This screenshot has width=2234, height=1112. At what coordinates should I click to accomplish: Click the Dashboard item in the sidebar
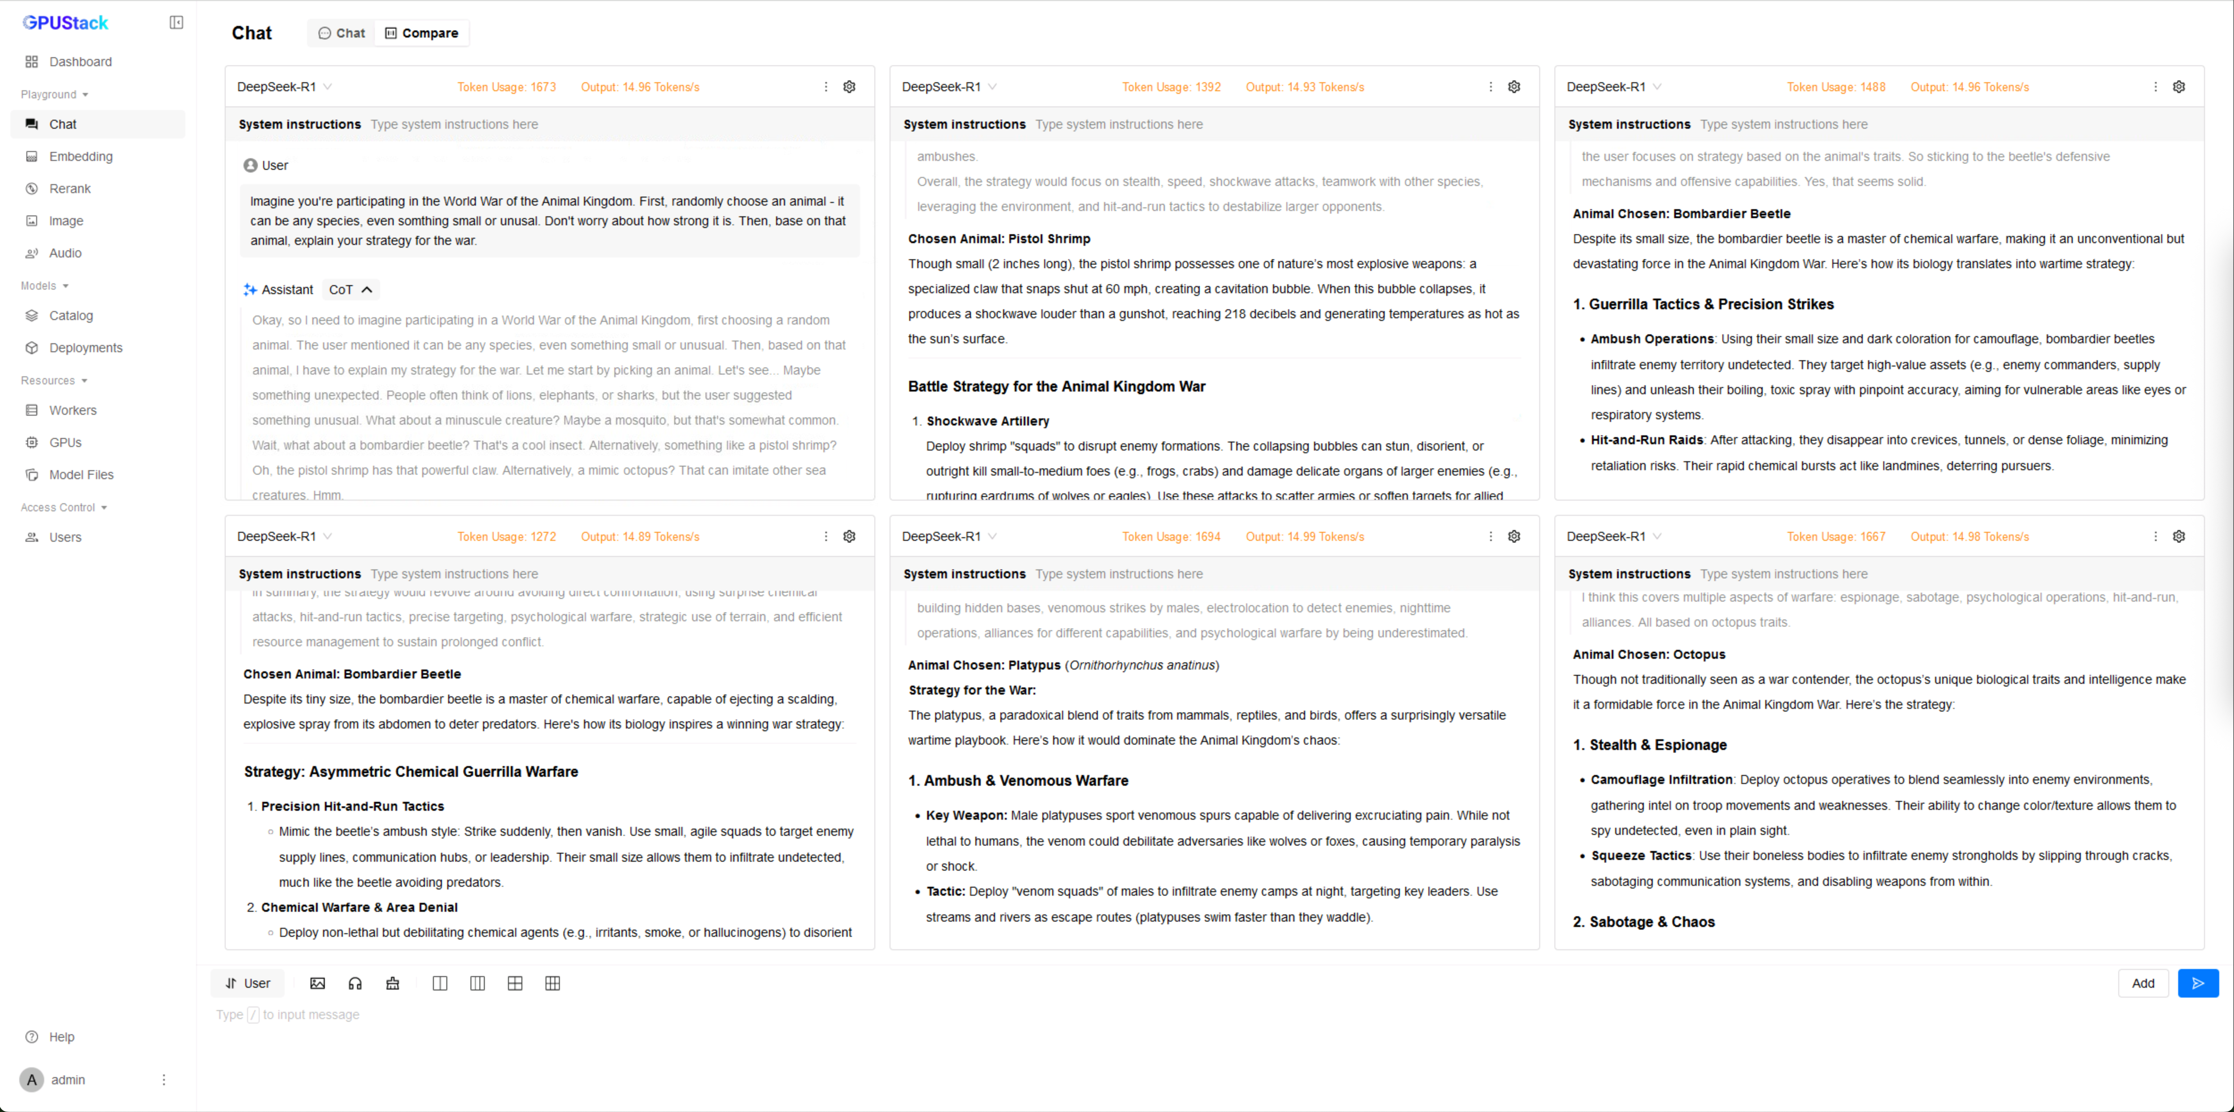80,62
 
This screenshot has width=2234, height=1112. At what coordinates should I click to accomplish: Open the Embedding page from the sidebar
81,156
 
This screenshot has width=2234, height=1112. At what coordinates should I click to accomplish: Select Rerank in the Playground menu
69,188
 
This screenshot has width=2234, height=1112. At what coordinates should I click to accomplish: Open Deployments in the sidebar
85,348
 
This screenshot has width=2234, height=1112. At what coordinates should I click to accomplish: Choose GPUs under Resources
65,442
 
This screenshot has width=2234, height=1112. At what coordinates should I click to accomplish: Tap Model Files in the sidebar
81,475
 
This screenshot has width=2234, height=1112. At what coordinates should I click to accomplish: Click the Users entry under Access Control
65,537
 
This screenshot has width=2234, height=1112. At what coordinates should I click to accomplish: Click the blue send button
2197,983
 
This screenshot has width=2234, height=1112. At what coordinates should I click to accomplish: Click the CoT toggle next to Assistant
350,290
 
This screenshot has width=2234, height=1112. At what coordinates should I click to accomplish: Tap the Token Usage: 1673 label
507,87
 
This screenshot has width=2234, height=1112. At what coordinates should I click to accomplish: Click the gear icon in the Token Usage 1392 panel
1513,87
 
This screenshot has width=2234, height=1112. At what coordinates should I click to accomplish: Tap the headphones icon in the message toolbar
355,983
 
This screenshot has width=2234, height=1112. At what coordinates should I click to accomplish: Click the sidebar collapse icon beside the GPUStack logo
176,22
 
